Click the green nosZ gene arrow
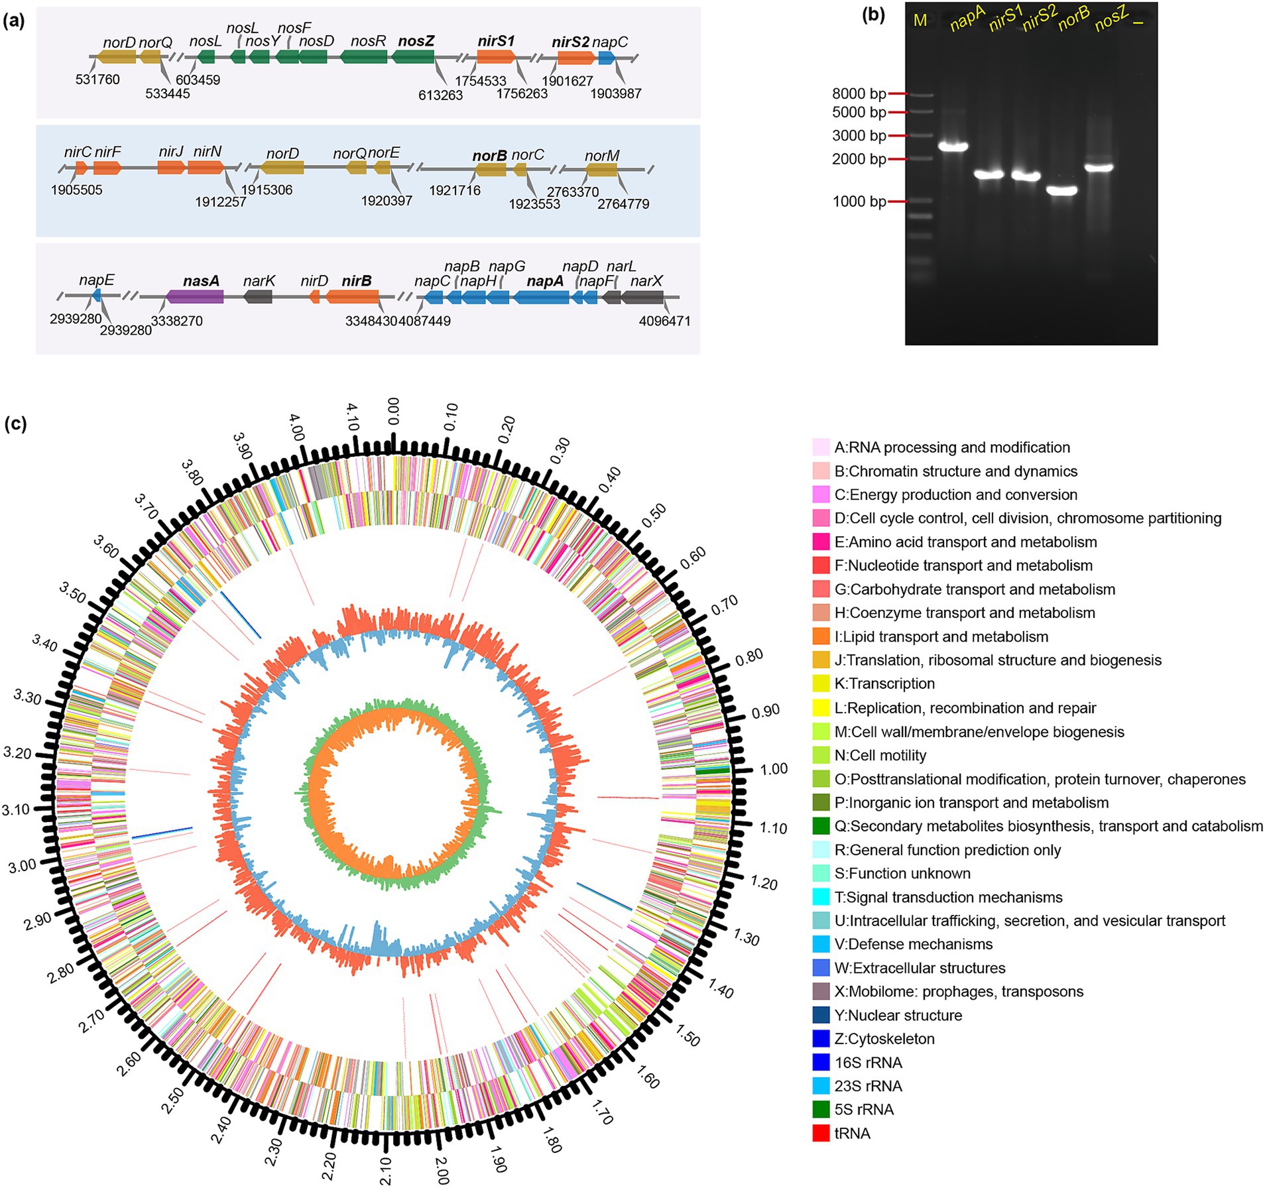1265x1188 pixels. tap(412, 57)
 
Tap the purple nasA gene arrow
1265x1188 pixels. tap(195, 296)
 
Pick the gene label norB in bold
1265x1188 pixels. tap(489, 156)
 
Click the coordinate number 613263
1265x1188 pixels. tap(440, 95)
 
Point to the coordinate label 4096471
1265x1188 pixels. tap(664, 322)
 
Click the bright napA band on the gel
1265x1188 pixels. tap(953, 147)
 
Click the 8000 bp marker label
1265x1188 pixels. tap(859, 94)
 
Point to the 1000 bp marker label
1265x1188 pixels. tap(859, 202)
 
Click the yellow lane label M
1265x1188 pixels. tap(920, 21)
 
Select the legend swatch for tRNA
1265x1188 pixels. tap(821, 1133)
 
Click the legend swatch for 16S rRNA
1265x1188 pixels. tap(821, 1062)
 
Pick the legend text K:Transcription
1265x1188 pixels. tap(884, 683)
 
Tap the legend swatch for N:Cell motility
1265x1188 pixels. tap(821, 755)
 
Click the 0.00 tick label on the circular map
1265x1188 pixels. tap(393, 412)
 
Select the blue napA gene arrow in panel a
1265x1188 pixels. tap(541, 297)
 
